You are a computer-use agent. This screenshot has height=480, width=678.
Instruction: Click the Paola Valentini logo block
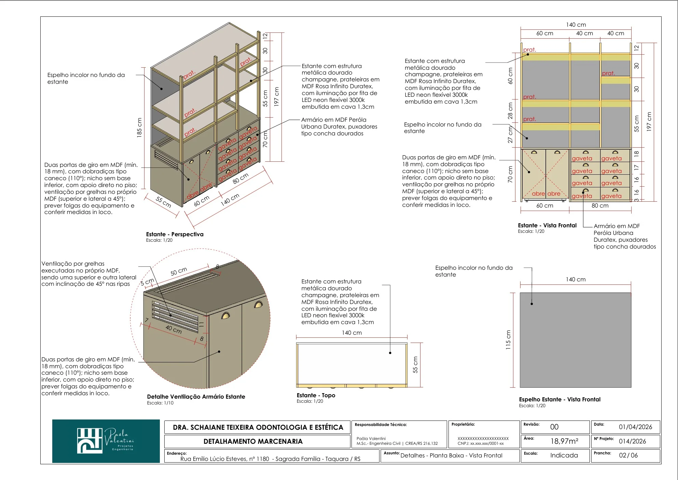click(106, 441)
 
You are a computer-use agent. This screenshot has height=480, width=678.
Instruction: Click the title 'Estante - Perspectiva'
click(175, 234)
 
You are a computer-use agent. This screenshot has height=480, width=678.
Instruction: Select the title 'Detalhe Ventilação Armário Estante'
click(196, 397)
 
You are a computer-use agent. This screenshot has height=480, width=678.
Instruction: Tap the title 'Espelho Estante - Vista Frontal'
click(559, 399)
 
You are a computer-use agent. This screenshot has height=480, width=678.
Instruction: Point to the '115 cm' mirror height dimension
click(508, 340)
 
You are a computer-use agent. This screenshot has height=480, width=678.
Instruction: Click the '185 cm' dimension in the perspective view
click(139, 128)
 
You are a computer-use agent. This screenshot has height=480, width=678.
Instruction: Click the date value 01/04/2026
click(635, 427)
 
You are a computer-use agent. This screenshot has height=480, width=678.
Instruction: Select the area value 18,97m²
click(564, 441)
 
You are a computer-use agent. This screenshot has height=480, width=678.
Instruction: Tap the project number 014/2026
click(632, 441)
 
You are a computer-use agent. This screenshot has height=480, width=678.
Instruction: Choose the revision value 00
click(554, 427)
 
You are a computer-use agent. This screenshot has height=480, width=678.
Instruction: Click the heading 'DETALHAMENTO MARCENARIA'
click(253, 441)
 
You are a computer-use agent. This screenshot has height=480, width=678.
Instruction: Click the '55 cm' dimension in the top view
click(415, 365)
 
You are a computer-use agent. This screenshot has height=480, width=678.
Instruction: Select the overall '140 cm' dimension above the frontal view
click(576, 25)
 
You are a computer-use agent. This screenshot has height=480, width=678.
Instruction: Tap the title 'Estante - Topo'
click(316, 395)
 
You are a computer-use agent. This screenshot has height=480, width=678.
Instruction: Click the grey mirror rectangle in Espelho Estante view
click(576, 340)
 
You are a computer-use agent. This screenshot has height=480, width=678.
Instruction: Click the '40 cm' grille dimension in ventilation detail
click(174, 330)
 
